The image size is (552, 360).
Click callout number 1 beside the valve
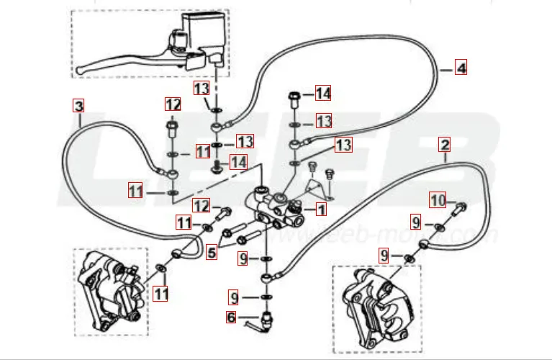pyautogui.click(x=321, y=210)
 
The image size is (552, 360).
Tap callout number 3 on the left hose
pyautogui.click(x=78, y=106)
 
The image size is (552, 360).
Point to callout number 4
pyautogui.click(x=461, y=68)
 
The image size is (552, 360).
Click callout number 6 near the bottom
pyautogui.click(x=230, y=316)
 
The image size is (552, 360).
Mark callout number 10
pyautogui.click(x=438, y=199)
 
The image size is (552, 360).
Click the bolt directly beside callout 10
pyautogui.click(x=459, y=210)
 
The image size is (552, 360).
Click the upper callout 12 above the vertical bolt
pyautogui.click(x=172, y=104)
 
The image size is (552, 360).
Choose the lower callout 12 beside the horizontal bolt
pyautogui.click(x=201, y=207)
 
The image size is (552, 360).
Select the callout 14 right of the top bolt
pyautogui.click(x=322, y=93)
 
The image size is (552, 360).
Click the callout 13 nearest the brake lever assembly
pyautogui.click(x=202, y=88)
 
